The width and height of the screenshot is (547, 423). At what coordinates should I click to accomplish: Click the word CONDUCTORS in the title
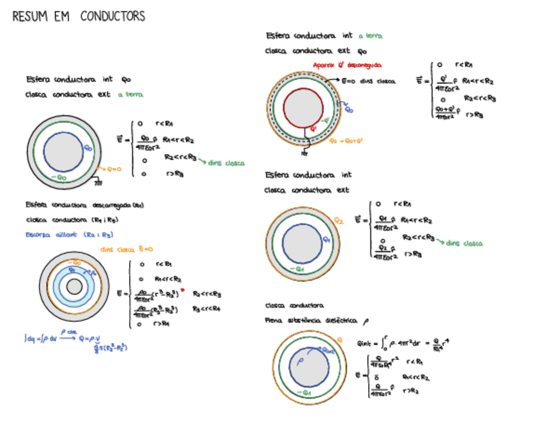tap(113, 17)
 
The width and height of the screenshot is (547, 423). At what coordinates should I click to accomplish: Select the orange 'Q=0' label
tap(114, 170)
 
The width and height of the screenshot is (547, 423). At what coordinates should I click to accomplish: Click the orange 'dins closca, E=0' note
tap(126, 248)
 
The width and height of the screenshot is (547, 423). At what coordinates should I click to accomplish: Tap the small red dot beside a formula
tap(184, 291)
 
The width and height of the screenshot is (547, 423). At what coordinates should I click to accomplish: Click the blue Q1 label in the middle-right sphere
tap(326, 239)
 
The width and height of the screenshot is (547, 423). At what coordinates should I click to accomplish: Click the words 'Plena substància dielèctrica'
tap(315, 320)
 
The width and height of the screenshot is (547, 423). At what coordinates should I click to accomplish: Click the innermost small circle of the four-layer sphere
tap(73, 286)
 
